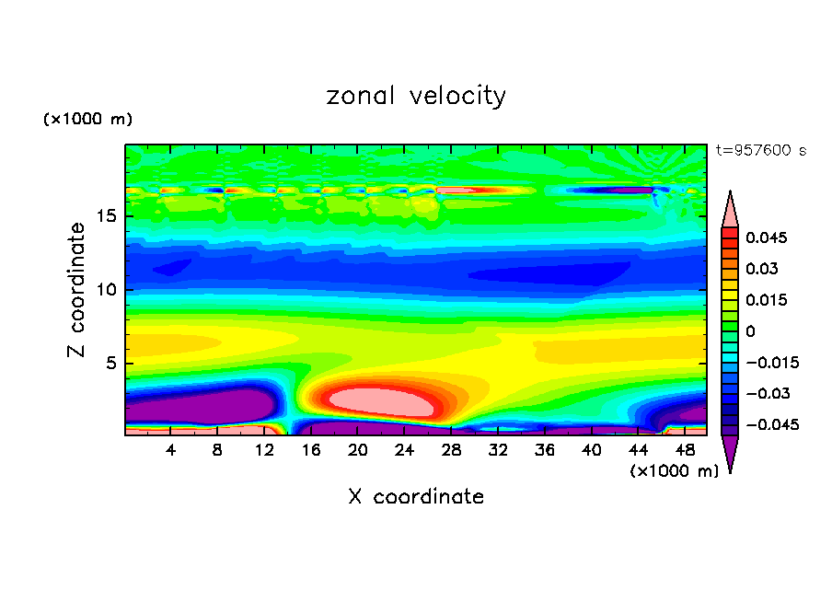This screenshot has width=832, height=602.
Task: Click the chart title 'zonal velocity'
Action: coord(416,96)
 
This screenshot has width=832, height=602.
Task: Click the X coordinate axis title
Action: coord(416,497)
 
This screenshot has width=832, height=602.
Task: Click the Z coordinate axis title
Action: coord(77,290)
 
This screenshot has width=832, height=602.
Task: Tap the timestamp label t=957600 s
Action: coord(760,151)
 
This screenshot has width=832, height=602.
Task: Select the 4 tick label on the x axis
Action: coord(171,450)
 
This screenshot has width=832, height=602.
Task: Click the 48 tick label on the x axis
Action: coord(684,450)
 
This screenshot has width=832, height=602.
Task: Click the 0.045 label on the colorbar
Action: coord(765,237)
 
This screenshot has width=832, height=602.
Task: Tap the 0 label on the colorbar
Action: coord(750,330)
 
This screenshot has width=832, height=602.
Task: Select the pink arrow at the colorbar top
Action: coord(730,209)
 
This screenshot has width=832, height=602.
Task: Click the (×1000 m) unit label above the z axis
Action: coord(87,120)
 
